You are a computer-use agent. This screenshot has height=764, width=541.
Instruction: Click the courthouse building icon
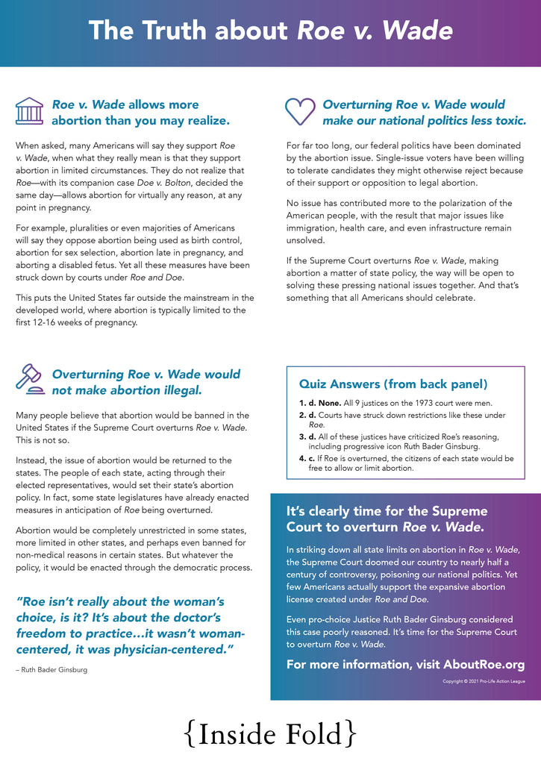(x=29, y=111)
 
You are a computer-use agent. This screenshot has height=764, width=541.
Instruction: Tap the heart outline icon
(x=300, y=111)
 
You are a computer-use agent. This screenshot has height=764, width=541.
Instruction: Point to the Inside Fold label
(x=270, y=734)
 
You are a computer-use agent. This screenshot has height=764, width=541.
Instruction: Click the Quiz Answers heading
(x=393, y=384)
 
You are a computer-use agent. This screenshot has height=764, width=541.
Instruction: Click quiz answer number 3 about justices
(x=403, y=441)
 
